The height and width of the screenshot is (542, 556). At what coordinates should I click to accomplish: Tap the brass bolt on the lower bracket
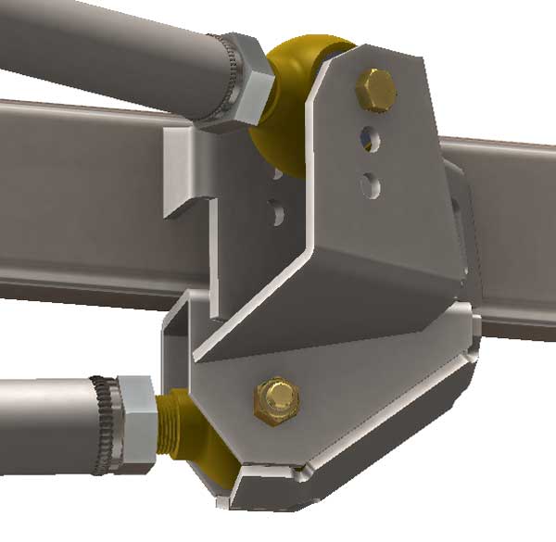pos(274,399)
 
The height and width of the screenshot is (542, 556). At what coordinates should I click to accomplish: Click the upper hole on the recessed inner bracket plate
pos(276,171)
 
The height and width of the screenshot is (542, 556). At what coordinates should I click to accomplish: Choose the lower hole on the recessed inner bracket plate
pos(276,211)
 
